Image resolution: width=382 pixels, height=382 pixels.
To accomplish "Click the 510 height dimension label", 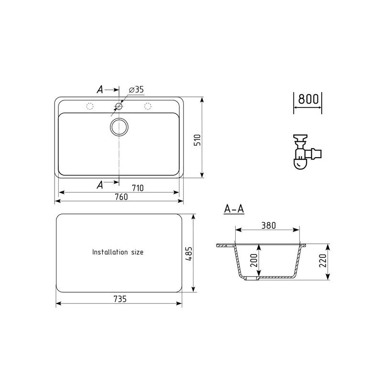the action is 197,140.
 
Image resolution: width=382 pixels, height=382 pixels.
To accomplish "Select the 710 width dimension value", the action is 138,188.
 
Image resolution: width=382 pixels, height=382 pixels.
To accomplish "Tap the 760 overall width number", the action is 121,197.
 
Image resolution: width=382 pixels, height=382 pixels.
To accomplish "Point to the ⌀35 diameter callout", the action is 136,90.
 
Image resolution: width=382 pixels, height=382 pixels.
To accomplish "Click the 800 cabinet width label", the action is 308,99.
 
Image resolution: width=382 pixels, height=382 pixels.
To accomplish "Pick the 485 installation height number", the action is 189,254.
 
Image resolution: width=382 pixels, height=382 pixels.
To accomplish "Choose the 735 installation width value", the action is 120,299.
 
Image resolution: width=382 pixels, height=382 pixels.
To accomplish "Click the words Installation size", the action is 118,252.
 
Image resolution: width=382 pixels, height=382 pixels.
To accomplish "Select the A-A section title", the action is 234,209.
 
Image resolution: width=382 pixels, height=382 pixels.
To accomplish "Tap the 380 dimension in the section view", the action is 269,225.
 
